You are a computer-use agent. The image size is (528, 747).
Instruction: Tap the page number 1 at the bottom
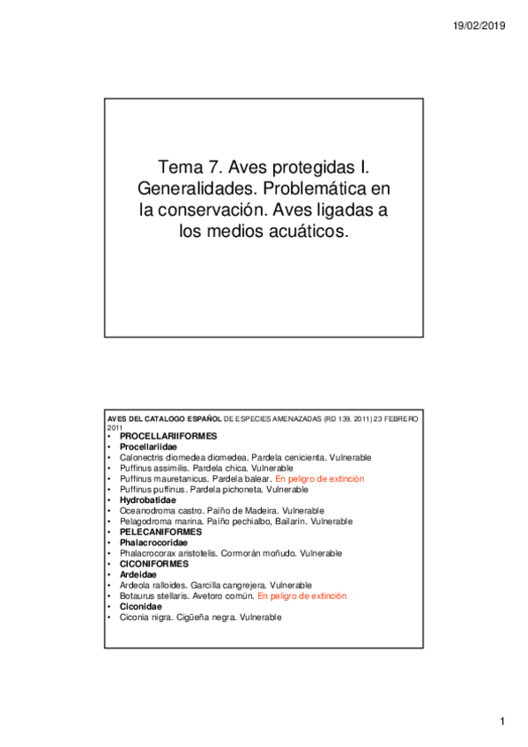click(502, 722)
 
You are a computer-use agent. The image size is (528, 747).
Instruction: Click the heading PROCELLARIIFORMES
click(167, 436)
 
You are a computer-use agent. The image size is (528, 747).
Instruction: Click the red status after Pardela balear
click(319, 478)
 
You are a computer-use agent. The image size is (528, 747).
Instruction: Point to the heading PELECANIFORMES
click(160, 532)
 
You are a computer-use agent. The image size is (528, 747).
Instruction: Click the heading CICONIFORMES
click(155, 564)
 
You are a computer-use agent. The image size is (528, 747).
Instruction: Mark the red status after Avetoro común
click(301, 596)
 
